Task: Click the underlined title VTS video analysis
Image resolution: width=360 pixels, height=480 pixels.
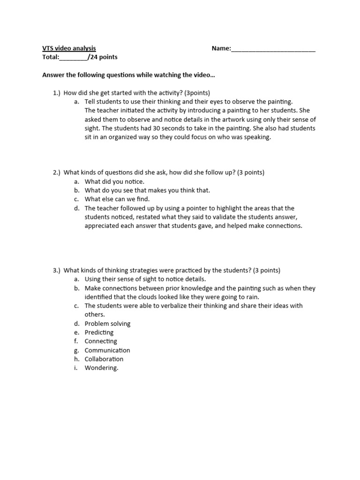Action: [x=69, y=48]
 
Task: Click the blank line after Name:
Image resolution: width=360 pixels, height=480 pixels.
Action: [x=273, y=49]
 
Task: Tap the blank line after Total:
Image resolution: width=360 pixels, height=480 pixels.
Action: [x=74, y=58]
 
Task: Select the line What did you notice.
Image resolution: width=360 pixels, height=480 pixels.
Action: [x=114, y=181]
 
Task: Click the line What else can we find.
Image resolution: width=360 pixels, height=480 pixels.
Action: [x=117, y=199]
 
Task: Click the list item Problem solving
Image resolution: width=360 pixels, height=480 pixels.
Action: [x=107, y=323]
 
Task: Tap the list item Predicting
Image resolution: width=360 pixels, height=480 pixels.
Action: [x=99, y=332]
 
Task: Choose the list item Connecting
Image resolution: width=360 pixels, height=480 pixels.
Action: [x=101, y=341]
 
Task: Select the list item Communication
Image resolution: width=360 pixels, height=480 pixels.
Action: [x=107, y=350]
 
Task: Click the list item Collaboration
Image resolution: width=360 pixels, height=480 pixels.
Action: [x=104, y=359]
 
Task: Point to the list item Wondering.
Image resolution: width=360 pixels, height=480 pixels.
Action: [x=101, y=368]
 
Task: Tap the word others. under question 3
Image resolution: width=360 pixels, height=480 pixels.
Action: [x=95, y=315]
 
